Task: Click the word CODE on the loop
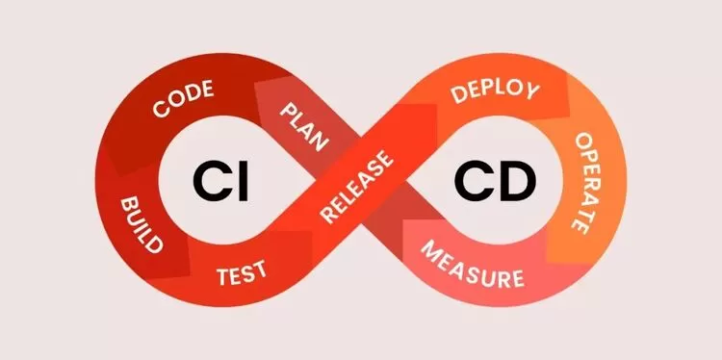[x=183, y=98]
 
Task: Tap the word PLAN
[x=304, y=127]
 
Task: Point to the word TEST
[x=242, y=272]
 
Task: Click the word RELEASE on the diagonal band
[x=357, y=188]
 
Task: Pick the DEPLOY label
[x=495, y=91]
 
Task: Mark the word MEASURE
[x=473, y=264]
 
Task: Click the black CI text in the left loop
[x=220, y=180]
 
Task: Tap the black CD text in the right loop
[x=495, y=180]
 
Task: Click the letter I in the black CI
[x=245, y=180]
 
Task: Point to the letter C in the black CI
[x=212, y=180]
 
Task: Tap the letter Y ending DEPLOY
[x=530, y=90]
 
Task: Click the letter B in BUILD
[x=127, y=205]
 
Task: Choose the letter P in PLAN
[x=288, y=111]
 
